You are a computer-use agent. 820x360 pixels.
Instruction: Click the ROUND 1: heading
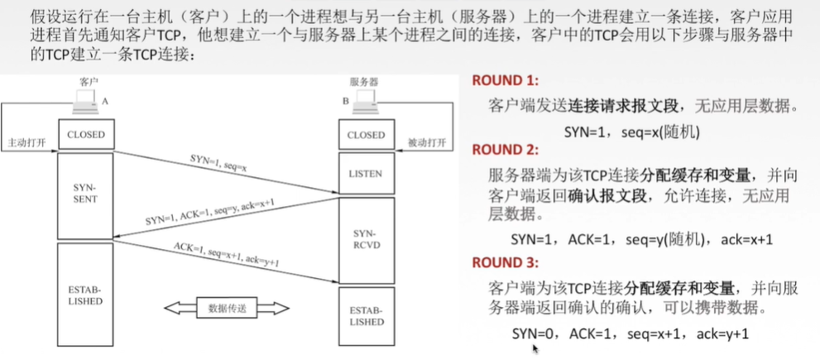click(x=506, y=81)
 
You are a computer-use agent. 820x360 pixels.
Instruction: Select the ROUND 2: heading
click(x=506, y=150)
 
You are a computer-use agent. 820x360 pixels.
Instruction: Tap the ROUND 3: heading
click(x=506, y=262)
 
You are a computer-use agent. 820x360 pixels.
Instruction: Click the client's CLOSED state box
click(x=86, y=134)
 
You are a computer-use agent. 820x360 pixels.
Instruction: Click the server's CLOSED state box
click(x=366, y=135)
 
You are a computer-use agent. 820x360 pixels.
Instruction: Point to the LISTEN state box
click(x=366, y=174)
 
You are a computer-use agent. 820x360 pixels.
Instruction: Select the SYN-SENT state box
click(x=86, y=195)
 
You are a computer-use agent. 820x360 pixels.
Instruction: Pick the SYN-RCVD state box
click(x=366, y=240)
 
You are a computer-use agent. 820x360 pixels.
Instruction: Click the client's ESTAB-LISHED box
click(x=86, y=295)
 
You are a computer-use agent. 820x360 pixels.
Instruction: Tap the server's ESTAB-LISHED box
click(x=366, y=316)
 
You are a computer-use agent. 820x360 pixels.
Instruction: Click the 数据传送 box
click(x=227, y=308)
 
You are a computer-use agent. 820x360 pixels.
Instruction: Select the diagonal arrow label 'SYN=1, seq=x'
click(x=218, y=162)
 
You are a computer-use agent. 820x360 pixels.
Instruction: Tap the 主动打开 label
click(x=25, y=143)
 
